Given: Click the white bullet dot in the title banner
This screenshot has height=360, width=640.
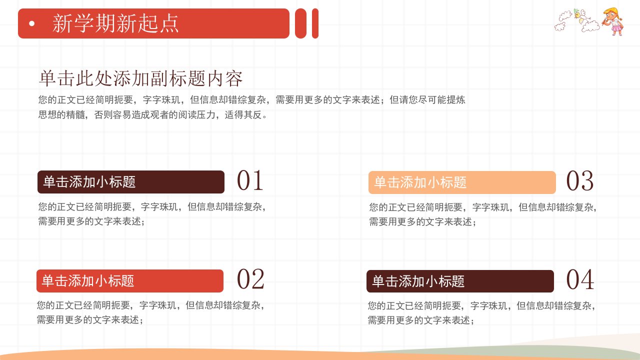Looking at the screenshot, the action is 32,23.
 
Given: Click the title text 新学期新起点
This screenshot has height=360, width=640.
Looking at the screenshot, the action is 115,23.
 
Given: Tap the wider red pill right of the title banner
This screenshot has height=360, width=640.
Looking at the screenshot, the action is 300,23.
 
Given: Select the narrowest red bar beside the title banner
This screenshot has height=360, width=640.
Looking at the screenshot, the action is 315,23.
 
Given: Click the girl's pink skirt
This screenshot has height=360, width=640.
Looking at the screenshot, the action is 616,27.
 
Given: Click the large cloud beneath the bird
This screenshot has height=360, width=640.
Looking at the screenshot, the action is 590,26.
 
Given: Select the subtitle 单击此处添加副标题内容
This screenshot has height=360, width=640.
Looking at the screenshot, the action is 140,78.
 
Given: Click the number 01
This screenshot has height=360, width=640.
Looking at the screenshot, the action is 250,180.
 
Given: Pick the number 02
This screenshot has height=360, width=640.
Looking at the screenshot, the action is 250,279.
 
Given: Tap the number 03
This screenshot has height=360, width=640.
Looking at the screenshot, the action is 579,181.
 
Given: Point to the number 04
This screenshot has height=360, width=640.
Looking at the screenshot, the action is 580,279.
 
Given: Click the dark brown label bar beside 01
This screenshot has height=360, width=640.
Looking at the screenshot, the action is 131,182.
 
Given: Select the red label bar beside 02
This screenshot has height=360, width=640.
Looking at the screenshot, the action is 130,281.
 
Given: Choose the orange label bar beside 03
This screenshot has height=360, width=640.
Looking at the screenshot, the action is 462,182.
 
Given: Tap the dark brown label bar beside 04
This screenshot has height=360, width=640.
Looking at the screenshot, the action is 460,281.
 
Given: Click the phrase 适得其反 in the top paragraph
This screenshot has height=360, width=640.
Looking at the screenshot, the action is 243,115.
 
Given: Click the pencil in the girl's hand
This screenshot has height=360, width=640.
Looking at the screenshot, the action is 604,21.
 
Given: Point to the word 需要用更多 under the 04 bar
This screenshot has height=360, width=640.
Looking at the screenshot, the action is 391,320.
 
